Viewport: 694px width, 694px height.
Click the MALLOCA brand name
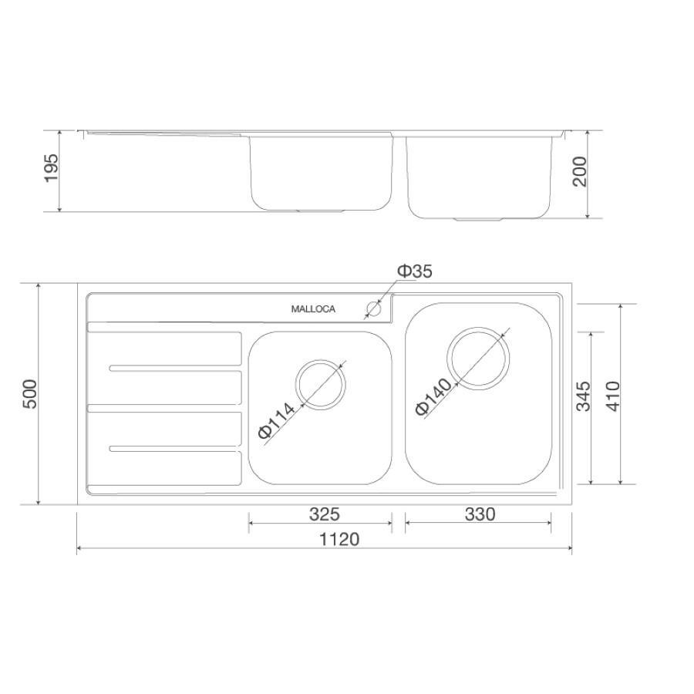point(313,309)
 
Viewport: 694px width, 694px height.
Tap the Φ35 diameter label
point(414,271)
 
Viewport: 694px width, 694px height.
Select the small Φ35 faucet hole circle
point(374,308)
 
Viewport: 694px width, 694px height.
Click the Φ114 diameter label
point(276,420)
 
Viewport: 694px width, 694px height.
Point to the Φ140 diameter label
point(433,397)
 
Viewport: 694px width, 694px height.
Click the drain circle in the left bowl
point(321,384)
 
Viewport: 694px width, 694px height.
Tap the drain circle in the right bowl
point(478,359)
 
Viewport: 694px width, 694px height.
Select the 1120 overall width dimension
point(339,539)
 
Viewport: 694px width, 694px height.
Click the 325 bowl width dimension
point(325,514)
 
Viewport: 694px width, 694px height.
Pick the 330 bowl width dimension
point(480,514)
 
